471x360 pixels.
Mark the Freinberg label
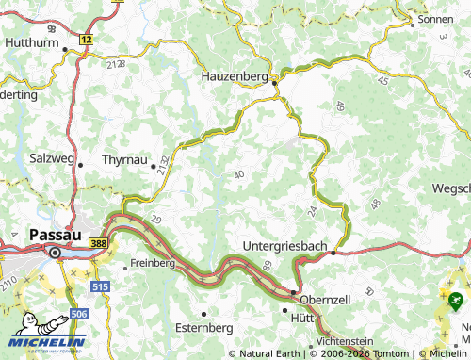[x=154, y=263]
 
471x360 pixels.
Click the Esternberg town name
[x=205, y=327]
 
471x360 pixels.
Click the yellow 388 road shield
[x=99, y=243]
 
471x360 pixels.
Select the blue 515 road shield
[x=100, y=285]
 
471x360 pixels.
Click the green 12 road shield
[x=87, y=39]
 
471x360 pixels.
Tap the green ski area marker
[x=456, y=303]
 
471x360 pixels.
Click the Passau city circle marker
[x=55, y=252]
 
